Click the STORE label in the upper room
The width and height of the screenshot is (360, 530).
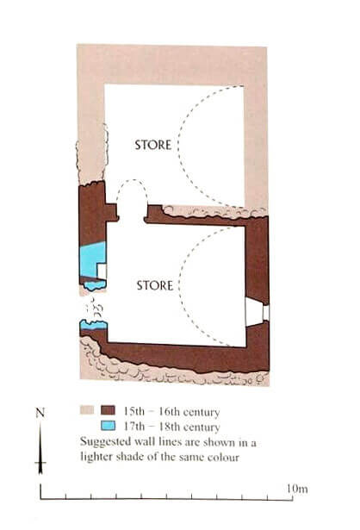click(x=153, y=145)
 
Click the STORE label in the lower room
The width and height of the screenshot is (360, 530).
click(x=155, y=285)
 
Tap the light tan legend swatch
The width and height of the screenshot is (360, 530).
click(x=87, y=410)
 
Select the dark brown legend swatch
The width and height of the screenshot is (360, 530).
click(x=108, y=410)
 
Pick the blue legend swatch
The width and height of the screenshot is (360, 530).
click(x=108, y=426)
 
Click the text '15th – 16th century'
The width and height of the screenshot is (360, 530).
click(x=171, y=411)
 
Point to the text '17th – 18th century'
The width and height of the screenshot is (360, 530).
click(x=171, y=427)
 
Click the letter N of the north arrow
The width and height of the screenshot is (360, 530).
click(x=40, y=413)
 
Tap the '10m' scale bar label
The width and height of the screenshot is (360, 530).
click(x=297, y=489)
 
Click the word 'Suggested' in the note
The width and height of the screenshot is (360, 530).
click(x=106, y=442)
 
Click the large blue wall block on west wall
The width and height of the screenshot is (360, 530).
click(x=92, y=259)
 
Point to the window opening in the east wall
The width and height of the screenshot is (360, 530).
click(x=257, y=313)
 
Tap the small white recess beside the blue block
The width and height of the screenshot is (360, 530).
click(x=102, y=271)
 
